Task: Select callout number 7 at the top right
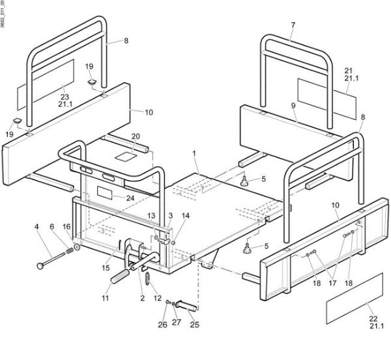(x=293, y=25)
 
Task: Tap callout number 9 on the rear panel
(x=293, y=104)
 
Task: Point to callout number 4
(x=36, y=228)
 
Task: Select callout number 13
(x=151, y=215)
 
